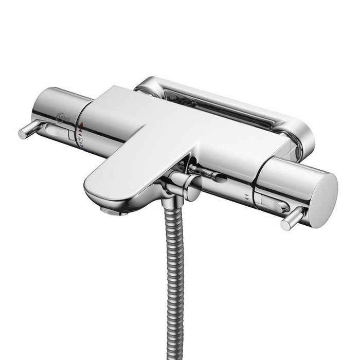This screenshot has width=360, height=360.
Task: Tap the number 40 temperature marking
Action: tap(80, 139)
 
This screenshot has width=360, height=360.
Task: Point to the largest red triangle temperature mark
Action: tap(81, 124)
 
